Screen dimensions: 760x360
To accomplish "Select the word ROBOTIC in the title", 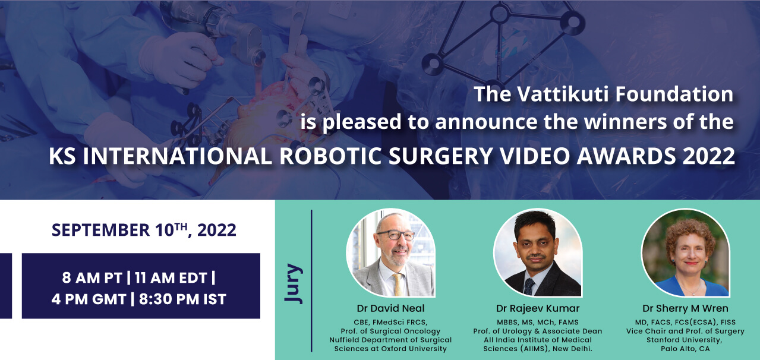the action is (x=330, y=156).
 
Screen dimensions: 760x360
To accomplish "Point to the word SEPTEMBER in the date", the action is (x=100, y=230).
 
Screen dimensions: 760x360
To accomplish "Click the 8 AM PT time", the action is (x=92, y=278).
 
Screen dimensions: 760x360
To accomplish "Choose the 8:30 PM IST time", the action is (x=182, y=299).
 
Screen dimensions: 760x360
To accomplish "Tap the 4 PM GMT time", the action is (x=89, y=299).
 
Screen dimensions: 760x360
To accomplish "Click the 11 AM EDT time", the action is (x=171, y=278).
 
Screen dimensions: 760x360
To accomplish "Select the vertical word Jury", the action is (x=293, y=283).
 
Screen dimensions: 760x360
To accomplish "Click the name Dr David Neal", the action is (x=390, y=308).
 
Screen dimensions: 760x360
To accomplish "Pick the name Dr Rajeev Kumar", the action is (x=538, y=308).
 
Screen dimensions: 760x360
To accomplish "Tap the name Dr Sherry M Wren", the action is (x=685, y=308).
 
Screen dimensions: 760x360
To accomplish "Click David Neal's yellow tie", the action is (x=398, y=285).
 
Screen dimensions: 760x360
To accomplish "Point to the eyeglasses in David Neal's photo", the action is (x=396, y=235).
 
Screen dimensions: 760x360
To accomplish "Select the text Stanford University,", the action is (x=685, y=340).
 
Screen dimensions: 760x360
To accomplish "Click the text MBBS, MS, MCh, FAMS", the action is (x=538, y=323).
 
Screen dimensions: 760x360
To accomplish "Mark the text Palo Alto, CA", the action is (x=685, y=349).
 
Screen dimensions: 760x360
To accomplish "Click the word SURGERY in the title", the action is (x=440, y=156).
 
